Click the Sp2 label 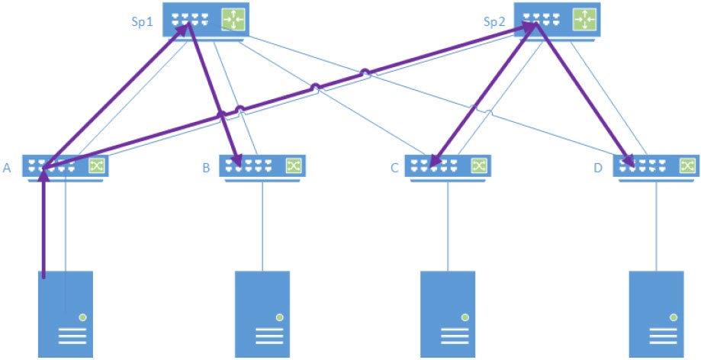(x=495, y=22)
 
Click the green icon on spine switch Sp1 (x=232, y=20)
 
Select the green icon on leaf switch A (x=97, y=166)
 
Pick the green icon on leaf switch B (x=293, y=166)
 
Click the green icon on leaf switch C (x=478, y=166)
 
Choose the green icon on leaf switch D (x=687, y=166)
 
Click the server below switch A (x=66, y=313)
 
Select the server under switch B (x=262, y=313)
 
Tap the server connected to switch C (x=448, y=313)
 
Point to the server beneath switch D (x=655, y=313)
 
